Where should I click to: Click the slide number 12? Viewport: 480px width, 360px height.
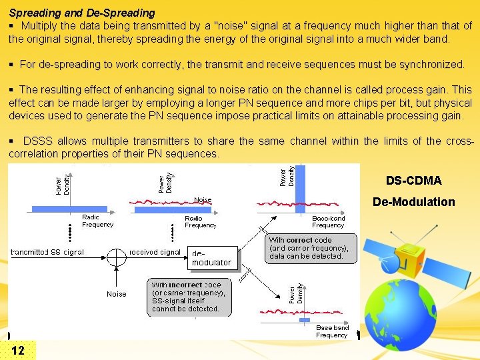pyautogui.click(x=18, y=351)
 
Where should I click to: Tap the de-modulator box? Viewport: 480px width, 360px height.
pyautogui.click(x=211, y=258)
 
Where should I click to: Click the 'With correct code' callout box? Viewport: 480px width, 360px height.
pyautogui.click(x=312, y=248)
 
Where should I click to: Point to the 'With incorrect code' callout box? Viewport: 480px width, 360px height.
pyautogui.click(x=189, y=297)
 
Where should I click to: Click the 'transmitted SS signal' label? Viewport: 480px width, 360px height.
pyautogui.click(x=47, y=252)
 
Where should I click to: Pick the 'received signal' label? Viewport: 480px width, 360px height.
pyautogui.click(x=155, y=252)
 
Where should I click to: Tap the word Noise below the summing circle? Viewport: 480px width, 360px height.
pyautogui.click(x=117, y=294)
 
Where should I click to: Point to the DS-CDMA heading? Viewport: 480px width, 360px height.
pyautogui.click(x=413, y=181)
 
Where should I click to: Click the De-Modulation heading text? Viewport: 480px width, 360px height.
pyautogui.click(x=413, y=201)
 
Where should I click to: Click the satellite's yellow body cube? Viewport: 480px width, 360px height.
pyautogui.click(x=409, y=261)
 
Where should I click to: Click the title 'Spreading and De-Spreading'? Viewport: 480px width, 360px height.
pyautogui.click(x=82, y=13)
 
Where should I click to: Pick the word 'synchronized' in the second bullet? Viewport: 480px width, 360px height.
pyautogui.click(x=432, y=65)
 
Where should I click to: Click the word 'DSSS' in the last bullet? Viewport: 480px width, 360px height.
pyautogui.click(x=37, y=141)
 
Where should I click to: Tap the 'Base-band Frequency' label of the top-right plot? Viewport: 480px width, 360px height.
pyautogui.click(x=328, y=221)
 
